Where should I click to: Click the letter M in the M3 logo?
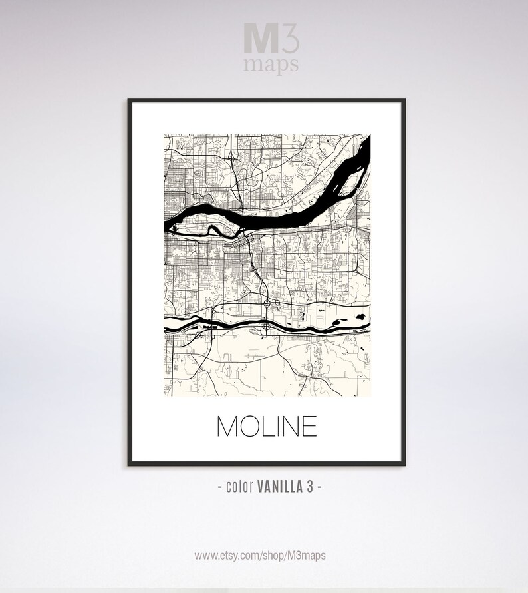coord(259,37)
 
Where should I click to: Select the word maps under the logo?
coord(271,64)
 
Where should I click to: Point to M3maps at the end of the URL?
coord(309,555)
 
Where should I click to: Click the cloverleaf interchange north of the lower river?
coord(267,304)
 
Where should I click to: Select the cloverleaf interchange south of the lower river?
coord(266,326)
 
